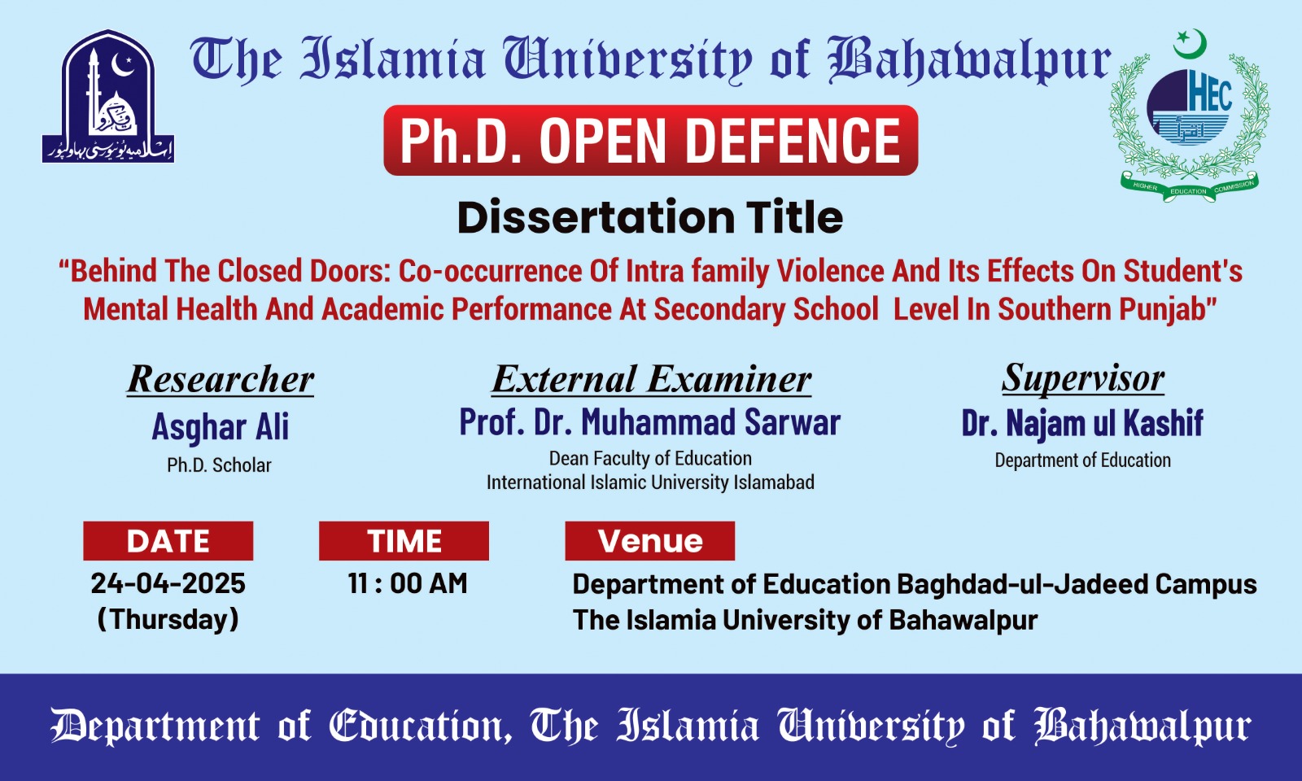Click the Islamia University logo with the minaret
(x=108, y=96)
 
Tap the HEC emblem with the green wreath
(x=1189, y=116)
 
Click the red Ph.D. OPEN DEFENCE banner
(x=650, y=140)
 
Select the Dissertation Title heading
(x=650, y=217)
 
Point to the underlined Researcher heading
(x=221, y=379)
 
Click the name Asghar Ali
(x=221, y=427)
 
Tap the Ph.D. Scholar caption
(x=219, y=465)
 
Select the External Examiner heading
(x=651, y=379)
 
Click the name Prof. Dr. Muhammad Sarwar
(x=650, y=422)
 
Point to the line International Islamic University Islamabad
(x=650, y=482)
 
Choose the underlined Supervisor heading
(x=1083, y=378)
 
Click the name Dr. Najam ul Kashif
(x=1082, y=422)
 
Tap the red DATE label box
(x=168, y=541)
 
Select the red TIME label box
(x=404, y=541)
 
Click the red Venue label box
(x=650, y=541)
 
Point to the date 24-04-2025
(x=168, y=583)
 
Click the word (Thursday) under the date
(x=168, y=619)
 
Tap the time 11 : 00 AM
(x=408, y=583)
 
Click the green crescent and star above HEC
(x=1189, y=44)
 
